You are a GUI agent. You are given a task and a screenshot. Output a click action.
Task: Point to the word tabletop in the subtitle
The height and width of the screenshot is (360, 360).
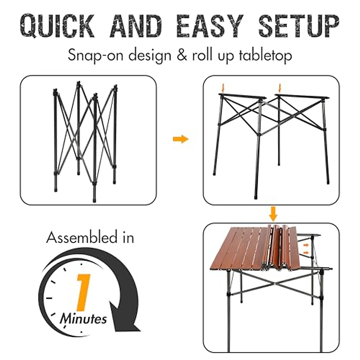click(x=265, y=56)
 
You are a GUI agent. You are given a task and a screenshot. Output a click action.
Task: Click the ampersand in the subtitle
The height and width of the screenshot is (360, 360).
click(x=182, y=56)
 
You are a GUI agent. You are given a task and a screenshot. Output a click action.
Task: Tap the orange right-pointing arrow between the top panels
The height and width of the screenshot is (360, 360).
click(x=181, y=139)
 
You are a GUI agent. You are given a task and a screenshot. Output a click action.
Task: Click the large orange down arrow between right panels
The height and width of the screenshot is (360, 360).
click(x=273, y=213)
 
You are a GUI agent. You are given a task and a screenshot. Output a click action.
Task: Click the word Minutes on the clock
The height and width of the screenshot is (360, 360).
click(x=83, y=318)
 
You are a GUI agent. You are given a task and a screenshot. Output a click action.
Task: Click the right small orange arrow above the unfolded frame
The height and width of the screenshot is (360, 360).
click(x=280, y=88)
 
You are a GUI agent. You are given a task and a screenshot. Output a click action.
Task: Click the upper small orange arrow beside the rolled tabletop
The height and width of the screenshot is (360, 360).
click(x=306, y=245)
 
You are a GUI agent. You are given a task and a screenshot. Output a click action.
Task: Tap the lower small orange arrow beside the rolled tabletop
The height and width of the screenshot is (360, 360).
click(x=306, y=253)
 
